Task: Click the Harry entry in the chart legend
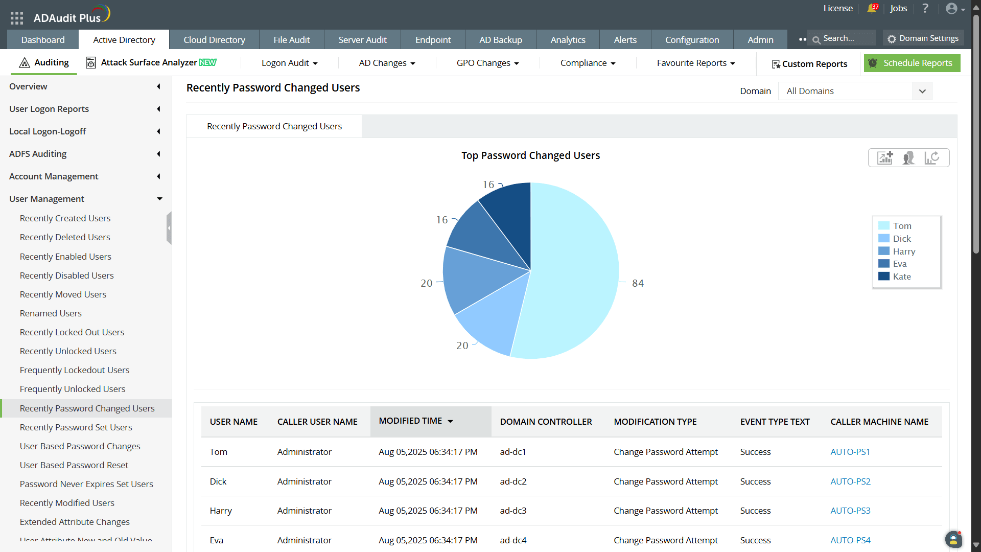(903, 251)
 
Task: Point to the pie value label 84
(638, 283)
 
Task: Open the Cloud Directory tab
(214, 40)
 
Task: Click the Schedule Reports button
(912, 63)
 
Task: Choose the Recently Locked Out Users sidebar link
(72, 332)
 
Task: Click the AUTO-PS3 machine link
(850, 511)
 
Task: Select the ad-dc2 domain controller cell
(513, 481)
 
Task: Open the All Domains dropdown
(855, 91)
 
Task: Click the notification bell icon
(872, 9)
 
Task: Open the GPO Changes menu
(487, 63)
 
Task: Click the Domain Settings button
(923, 38)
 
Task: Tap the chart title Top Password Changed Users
(530, 155)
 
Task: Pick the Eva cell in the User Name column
(217, 540)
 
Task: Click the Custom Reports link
(809, 64)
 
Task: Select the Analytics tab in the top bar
(568, 40)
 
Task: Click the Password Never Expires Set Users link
(86, 484)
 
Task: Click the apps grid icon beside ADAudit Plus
(17, 18)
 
